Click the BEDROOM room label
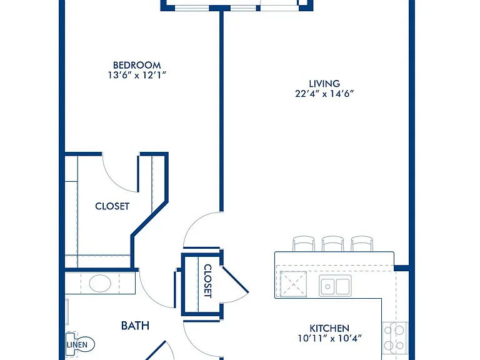point(137,65)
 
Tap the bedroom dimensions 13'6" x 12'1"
point(137,75)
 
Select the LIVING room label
point(324,84)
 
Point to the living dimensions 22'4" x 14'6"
point(324,93)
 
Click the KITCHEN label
point(329,329)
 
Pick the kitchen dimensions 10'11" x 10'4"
point(330,338)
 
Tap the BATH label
point(135,326)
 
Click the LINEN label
point(77,345)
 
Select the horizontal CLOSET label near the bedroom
point(112,206)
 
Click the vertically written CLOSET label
point(207,281)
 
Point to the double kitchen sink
point(335,286)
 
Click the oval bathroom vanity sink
point(100,283)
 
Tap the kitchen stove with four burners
point(395,338)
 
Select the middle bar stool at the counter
point(332,244)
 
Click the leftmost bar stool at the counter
point(304,244)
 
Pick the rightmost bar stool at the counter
point(362,244)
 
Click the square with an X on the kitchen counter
point(293,284)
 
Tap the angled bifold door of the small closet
point(235,280)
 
